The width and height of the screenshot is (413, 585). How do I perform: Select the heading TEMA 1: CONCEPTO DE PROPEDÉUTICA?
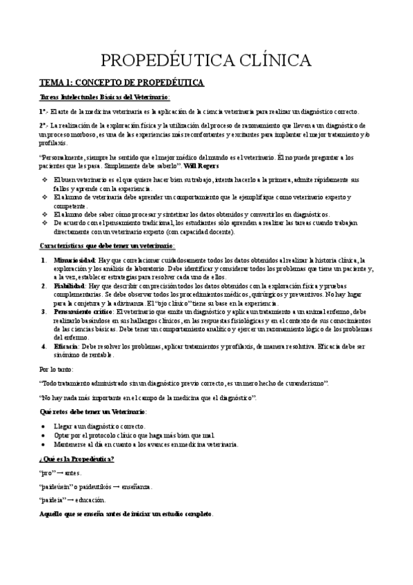click(121, 83)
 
